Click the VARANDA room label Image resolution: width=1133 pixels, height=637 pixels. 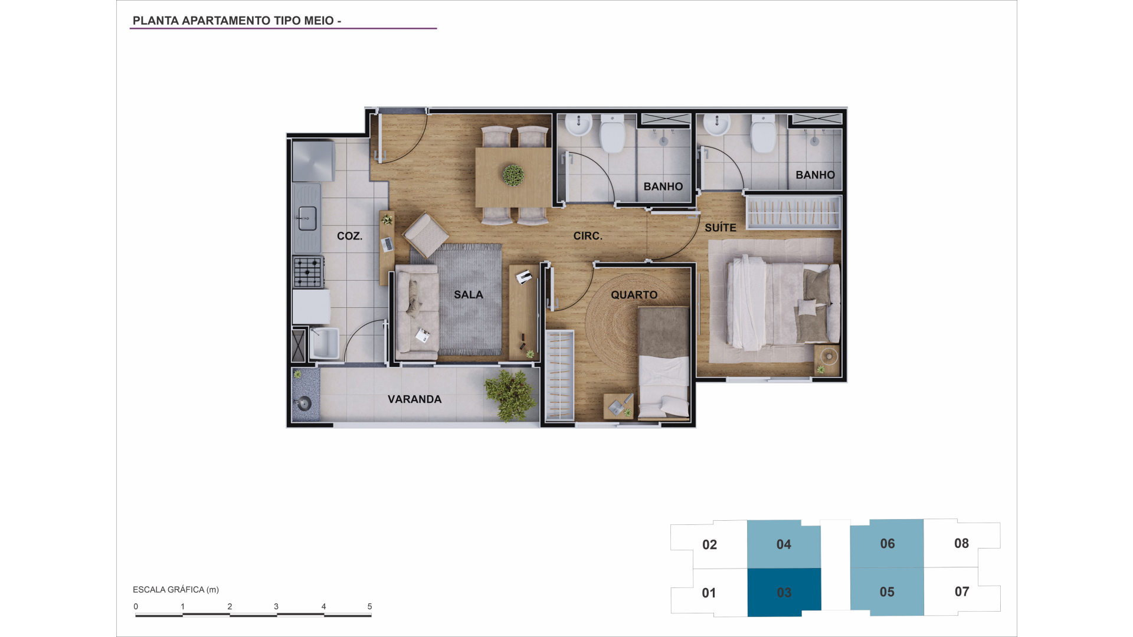[414, 399]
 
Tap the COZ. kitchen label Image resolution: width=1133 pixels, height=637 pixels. [349, 236]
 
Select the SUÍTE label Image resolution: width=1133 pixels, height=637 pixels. [720, 228]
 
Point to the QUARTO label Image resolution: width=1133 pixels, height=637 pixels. [634, 295]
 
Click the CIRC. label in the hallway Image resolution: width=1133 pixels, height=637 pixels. [588, 236]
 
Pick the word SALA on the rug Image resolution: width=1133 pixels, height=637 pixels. [469, 295]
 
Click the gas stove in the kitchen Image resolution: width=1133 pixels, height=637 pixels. [308, 271]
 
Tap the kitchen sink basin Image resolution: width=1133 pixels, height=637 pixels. [307, 219]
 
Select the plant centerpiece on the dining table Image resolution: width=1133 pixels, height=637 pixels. [513, 175]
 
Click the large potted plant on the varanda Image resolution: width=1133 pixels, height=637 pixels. [510, 395]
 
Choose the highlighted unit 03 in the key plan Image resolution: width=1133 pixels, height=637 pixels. [784, 592]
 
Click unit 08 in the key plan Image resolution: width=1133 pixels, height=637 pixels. [961, 543]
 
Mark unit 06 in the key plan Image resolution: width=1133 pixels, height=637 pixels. [887, 543]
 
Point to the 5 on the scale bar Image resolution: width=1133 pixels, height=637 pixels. [369, 606]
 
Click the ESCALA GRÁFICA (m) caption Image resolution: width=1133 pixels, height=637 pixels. [176, 590]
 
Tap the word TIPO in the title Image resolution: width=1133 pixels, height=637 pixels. [287, 21]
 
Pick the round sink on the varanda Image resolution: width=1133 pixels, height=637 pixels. [304, 403]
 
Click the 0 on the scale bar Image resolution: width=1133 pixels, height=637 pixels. [136, 606]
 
